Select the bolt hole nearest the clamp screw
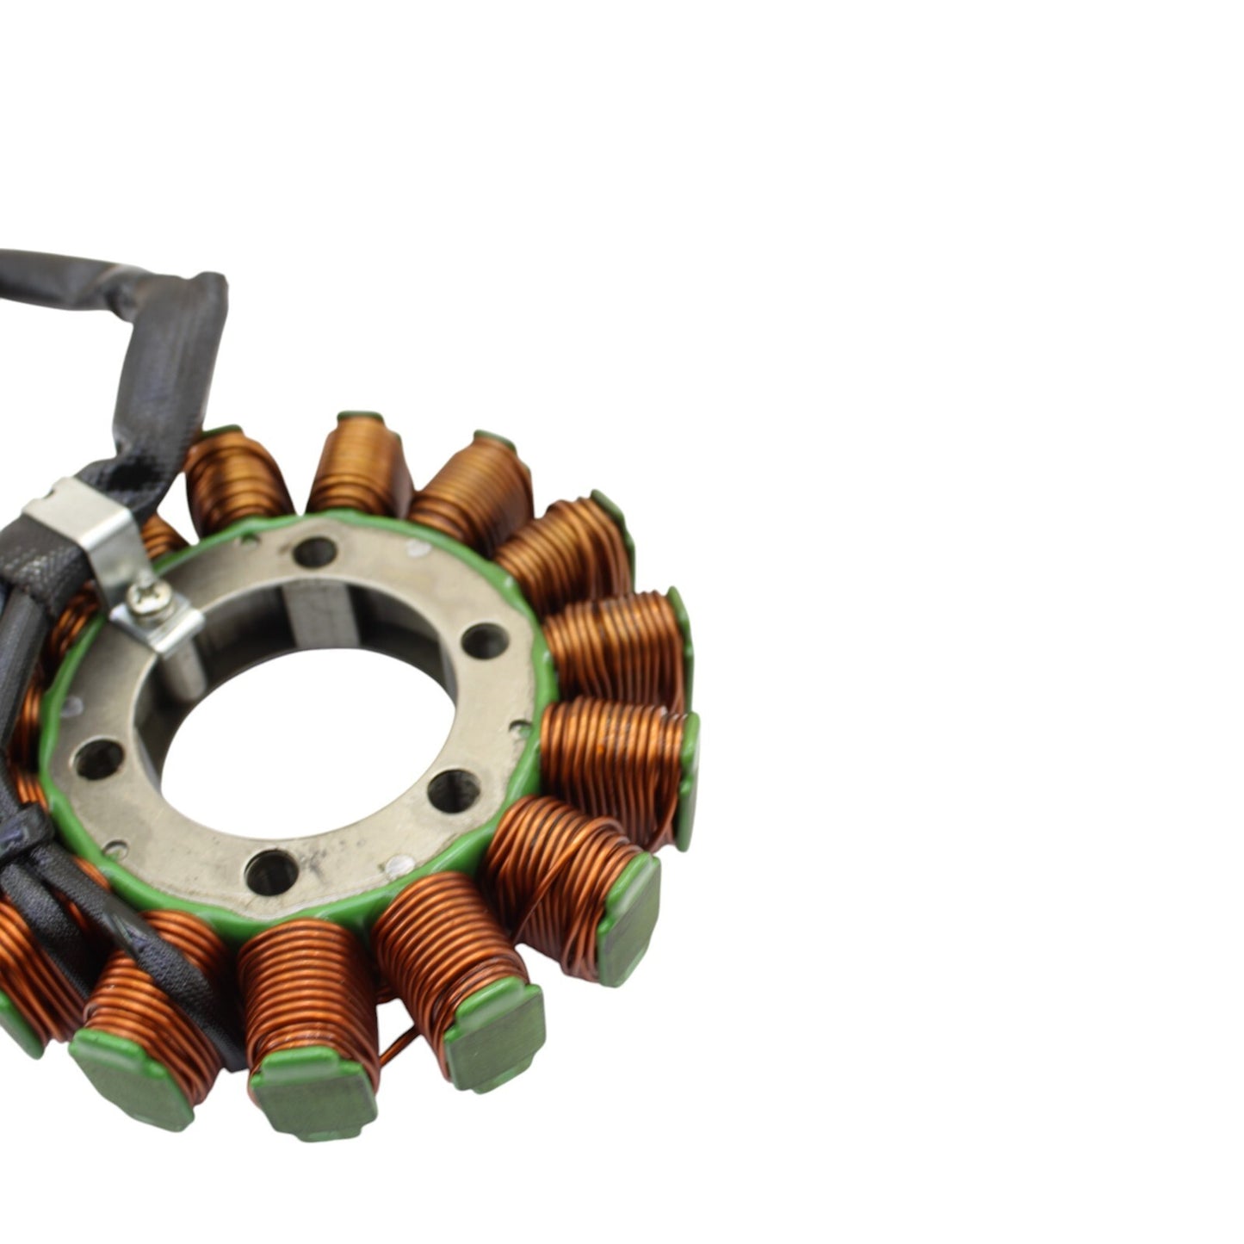click(x=314, y=551)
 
